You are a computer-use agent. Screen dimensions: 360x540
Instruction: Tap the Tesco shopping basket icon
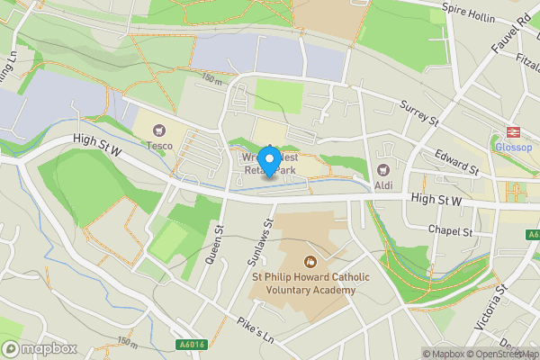click(162, 131)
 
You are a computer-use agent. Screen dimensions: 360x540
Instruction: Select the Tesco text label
click(161, 146)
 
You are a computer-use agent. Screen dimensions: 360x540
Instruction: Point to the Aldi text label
click(384, 184)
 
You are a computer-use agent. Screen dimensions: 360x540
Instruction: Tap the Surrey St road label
click(419, 112)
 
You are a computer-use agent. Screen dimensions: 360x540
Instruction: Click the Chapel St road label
click(450, 231)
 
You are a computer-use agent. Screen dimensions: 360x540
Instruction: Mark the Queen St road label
click(214, 245)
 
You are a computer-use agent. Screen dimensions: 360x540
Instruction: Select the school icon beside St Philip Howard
click(310, 262)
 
